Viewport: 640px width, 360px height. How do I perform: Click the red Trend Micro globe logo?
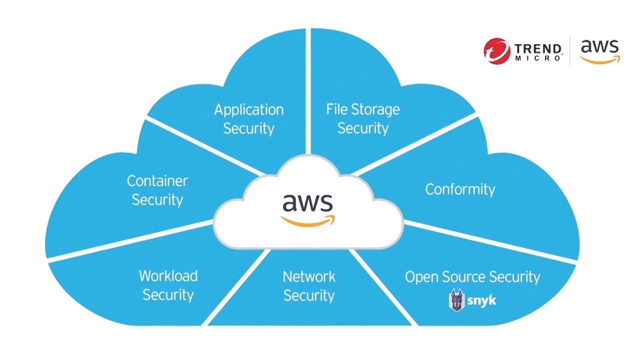coord(496,51)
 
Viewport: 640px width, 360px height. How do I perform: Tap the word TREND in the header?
coord(538,49)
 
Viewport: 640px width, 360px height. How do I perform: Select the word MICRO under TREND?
coord(538,59)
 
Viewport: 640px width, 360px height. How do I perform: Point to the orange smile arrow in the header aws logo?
coord(600,60)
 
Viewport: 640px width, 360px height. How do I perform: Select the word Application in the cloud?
coord(248,109)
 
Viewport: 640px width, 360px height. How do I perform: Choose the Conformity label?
coord(460,189)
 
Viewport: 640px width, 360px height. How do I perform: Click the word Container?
coord(157,180)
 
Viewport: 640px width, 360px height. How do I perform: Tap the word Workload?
coord(168,275)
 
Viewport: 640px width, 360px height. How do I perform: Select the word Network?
coord(309,276)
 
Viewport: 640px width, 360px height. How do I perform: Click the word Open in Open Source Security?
coord(420,277)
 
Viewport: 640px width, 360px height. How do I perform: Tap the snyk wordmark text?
coord(482,301)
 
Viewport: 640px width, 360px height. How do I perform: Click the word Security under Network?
coord(309,295)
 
